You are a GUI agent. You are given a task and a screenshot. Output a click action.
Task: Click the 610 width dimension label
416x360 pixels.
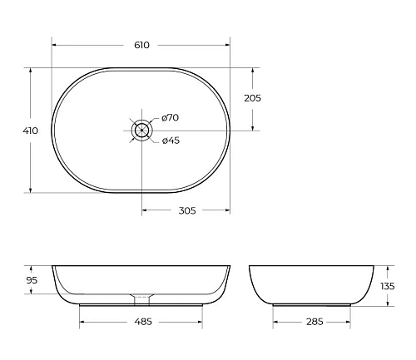[141, 45]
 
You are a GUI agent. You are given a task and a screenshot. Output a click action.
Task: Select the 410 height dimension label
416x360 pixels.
[32, 131]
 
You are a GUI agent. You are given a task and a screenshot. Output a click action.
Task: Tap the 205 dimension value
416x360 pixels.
[253, 98]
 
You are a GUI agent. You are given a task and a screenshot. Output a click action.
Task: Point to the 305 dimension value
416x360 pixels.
[186, 210]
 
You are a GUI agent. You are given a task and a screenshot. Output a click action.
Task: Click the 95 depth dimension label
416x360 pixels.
[32, 280]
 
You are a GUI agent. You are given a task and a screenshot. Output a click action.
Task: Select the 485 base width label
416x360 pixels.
[141, 321]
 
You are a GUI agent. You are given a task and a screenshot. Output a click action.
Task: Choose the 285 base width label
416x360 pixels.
[314, 321]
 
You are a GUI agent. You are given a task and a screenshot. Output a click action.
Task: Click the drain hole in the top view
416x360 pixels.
[142, 130]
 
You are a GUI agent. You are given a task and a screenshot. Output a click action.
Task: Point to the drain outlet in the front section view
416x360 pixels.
[142, 296]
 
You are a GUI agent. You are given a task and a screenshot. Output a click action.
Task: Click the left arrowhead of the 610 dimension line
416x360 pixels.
[54, 45]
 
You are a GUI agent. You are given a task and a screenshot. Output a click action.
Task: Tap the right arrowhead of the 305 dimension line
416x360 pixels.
[230, 210]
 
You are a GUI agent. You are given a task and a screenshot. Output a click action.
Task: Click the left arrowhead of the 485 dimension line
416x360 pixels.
[82, 321]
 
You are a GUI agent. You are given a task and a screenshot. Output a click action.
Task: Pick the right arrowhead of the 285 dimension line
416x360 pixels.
[349, 321]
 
